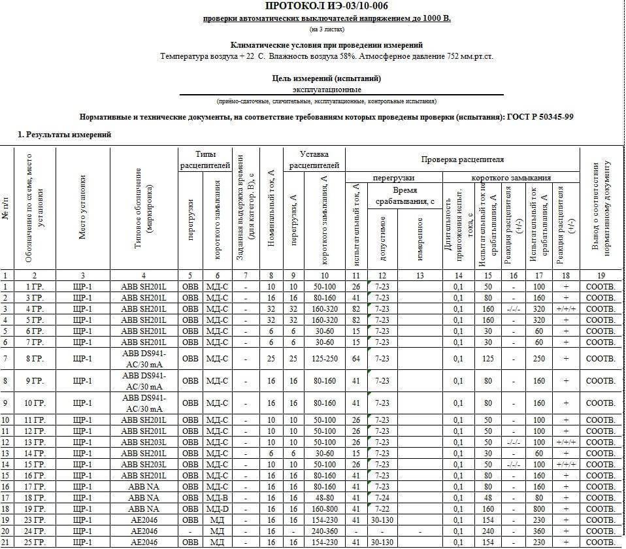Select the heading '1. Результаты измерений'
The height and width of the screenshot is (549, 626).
(64, 135)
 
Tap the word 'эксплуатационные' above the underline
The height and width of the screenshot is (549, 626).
(327, 90)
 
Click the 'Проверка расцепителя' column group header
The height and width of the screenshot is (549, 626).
(462, 159)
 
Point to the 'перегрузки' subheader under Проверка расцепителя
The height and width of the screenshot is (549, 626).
(393, 178)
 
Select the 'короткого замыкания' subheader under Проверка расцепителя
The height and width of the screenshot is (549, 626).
(511, 178)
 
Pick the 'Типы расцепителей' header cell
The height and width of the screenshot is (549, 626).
(205, 159)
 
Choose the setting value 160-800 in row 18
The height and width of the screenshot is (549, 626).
(325, 508)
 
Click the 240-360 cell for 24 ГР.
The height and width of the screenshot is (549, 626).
(325, 531)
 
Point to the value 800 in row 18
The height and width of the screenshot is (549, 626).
(538, 508)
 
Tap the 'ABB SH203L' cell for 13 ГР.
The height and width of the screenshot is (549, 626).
(144, 442)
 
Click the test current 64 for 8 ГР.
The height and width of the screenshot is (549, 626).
(356, 359)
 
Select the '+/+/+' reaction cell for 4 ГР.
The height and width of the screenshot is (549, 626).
(563, 309)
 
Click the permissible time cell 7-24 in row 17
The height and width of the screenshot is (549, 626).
(383, 497)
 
